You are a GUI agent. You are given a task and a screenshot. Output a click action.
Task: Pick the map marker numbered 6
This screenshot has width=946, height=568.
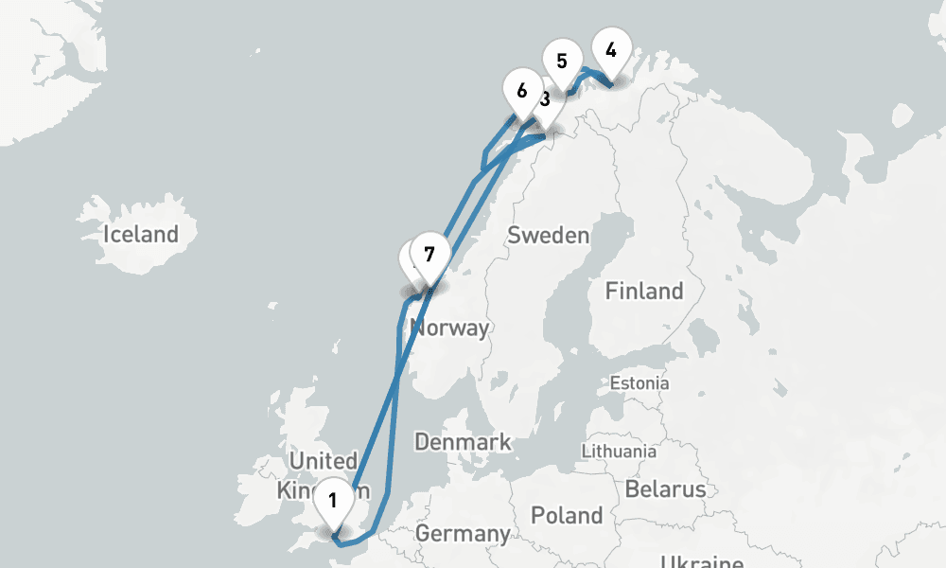(x=521, y=93)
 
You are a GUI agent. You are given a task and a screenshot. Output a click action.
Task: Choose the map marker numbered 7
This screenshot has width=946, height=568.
(x=429, y=256)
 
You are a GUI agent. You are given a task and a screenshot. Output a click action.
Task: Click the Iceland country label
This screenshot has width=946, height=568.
(x=141, y=234)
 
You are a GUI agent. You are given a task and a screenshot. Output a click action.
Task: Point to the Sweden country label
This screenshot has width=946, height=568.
(x=548, y=235)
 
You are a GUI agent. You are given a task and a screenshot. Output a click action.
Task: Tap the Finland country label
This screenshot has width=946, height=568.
(x=643, y=291)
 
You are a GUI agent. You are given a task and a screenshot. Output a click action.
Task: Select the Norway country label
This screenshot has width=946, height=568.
(x=449, y=328)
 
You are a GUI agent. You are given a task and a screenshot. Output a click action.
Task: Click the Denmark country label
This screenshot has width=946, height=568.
(x=463, y=441)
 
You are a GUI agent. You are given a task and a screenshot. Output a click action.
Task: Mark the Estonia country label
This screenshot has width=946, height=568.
(x=639, y=383)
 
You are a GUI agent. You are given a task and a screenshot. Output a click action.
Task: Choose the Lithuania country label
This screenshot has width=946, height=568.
(x=619, y=451)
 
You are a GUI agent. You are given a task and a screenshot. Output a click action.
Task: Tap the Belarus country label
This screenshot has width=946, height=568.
(x=665, y=488)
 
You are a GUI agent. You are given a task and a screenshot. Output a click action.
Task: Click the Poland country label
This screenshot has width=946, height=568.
(x=566, y=515)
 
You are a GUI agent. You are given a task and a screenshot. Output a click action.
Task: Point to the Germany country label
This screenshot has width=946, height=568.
(x=463, y=533)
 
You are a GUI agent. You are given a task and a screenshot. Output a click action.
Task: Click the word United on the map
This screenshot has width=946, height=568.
(x=323, y=461)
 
